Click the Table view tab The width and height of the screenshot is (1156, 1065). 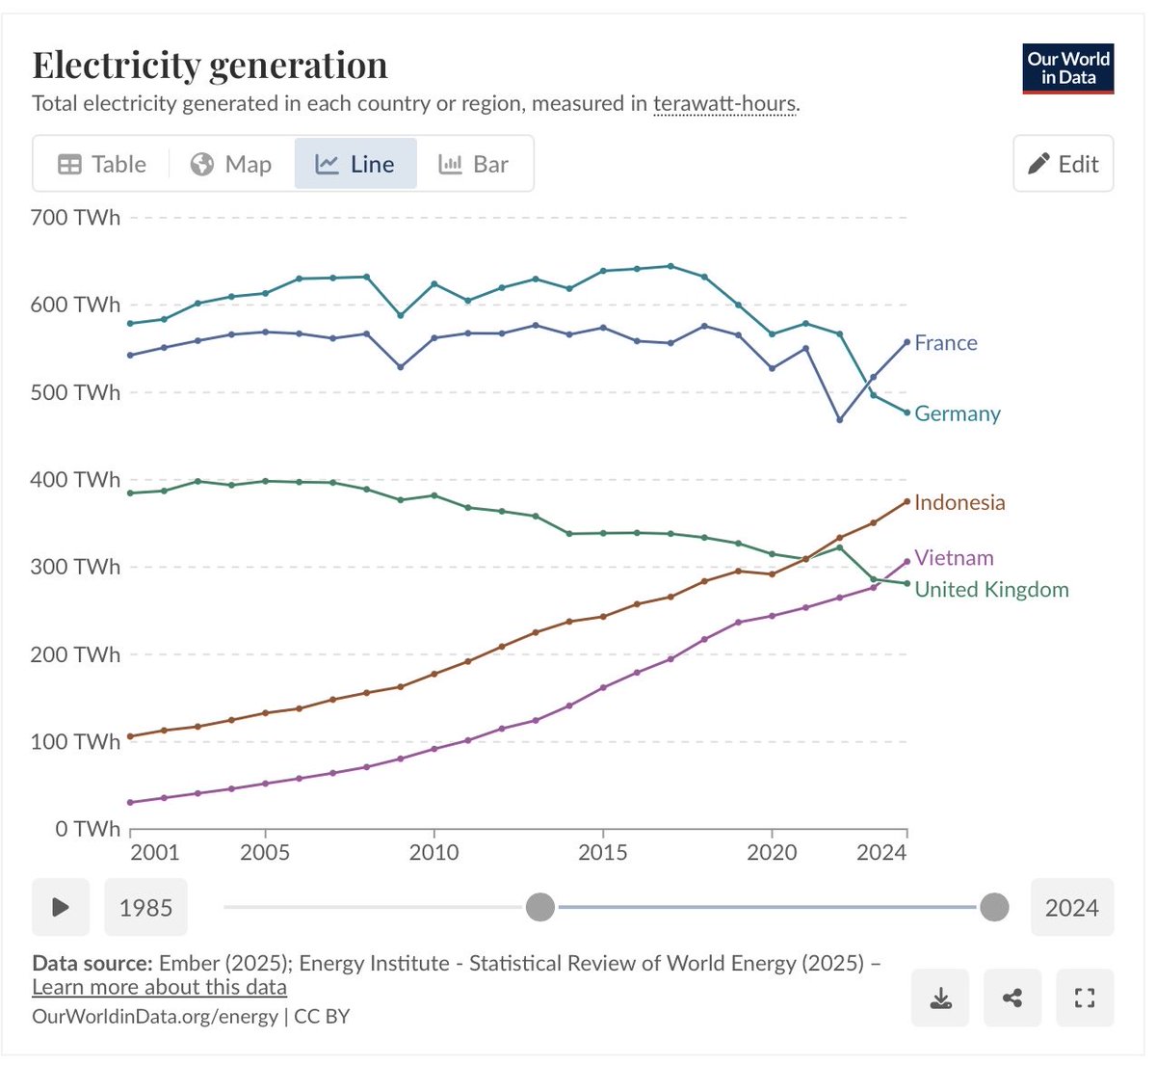pyautogui.click(x=102, y=164)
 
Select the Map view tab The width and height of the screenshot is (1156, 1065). pyautogui.click(x=231, y=164)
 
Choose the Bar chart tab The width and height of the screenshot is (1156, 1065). pyautogui.click(x=473, y=164)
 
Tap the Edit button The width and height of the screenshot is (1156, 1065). pyautogui.click(x=1063, y=164)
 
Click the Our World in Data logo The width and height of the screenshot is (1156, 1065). pyautogui.click(x=1067, y=68)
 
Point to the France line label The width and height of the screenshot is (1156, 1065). pyautogui.click(x=945, y=343)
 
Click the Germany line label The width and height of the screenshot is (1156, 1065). pyautogui.click(x=957, y=413)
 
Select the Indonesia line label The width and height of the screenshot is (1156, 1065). pyautogui.click(x=959, y=502)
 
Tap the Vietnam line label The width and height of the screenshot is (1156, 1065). pyautogui.click(x=953, y=558)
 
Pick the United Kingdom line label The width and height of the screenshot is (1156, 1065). pyautogui.click(x=990, y=590)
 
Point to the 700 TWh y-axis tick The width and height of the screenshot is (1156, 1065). pyautogui.click(x=75, y=218)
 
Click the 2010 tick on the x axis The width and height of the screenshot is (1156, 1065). pyautogui.click(x=433, y=852)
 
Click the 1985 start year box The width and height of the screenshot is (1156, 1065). pyautogui.click(x=145, y=907)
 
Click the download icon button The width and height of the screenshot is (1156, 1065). pyautogui.click(x=940, y=998)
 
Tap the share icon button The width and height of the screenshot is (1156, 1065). pyautogui.click(x=1012, y=998)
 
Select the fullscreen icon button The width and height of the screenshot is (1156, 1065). pyautogui.click(x=1085, y=998)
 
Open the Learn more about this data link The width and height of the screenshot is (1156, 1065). pyautogui.click(x=159, y=987)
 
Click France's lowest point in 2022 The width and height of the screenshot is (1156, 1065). pyautogui.click(x=840, y=419)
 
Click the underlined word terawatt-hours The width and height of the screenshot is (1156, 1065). pyautogui.click(x=724, y=104)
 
